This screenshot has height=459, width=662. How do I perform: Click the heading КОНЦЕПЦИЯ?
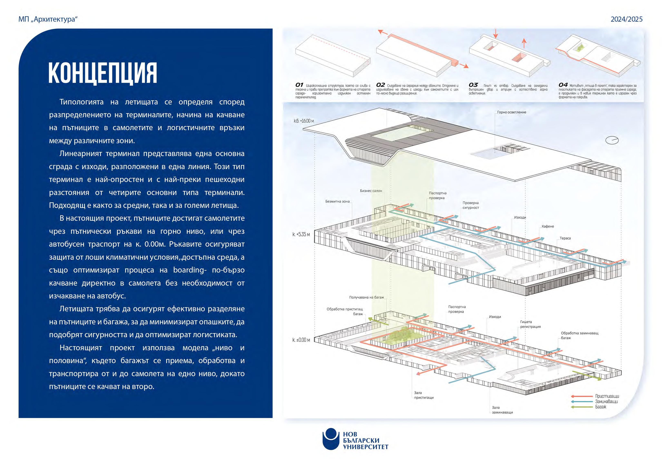click(x=103, y=73)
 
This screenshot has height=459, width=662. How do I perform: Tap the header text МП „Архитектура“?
click(x=48, y=19)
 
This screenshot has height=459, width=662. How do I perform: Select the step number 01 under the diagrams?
click(x=299, y=85)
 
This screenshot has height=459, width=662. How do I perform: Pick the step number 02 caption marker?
click(x=380, y=85)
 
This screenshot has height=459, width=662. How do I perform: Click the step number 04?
click(x=563, y=85)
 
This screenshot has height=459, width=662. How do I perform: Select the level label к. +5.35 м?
click(x=301, y=234)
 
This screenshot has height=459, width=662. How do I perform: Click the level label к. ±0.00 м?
click(x=301, y=340)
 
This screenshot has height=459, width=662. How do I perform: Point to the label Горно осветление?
click(x=512, y=112)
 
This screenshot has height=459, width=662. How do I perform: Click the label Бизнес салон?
click(x=371, y=191)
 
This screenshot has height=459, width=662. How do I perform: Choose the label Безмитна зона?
click(x=337, y=201)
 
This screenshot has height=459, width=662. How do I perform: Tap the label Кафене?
click(x=547, y=226)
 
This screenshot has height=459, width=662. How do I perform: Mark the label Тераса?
click(x=565, y=238)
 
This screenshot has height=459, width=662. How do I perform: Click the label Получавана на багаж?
click(x=366, y=297)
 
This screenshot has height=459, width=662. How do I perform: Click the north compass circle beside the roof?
click(x=612, y=140)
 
